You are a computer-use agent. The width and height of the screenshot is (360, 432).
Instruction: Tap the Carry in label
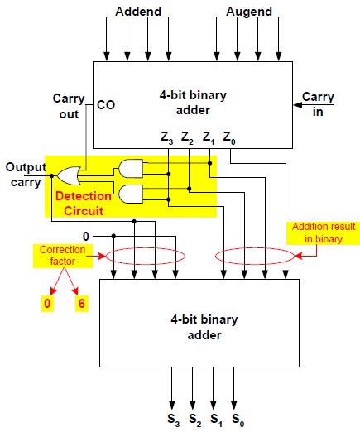(319, 103)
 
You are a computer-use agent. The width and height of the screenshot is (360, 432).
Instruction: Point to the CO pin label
(106, 105)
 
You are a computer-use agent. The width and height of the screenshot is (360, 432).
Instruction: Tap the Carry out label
(64, 105)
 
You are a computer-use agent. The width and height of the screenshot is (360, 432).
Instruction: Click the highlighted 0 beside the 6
(47, 304)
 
